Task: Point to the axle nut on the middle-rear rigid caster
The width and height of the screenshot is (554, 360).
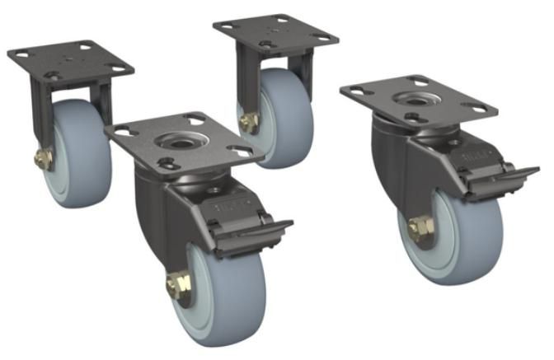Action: click(x=246, y=122)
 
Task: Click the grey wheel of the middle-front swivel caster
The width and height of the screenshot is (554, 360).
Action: click(x=223, y=288)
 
